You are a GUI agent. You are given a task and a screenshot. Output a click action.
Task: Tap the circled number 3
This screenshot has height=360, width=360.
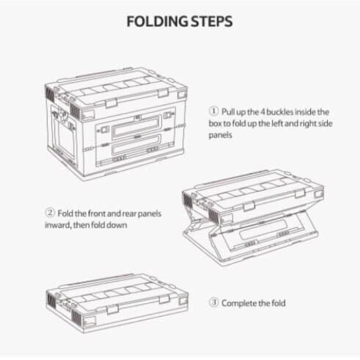(213, 303)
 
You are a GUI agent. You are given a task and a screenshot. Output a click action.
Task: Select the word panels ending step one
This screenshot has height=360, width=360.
(220, 135)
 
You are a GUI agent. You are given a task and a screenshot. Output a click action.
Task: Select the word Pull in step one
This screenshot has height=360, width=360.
(228, 111)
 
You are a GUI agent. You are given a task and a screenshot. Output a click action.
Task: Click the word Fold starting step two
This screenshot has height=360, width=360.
(65, 213)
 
